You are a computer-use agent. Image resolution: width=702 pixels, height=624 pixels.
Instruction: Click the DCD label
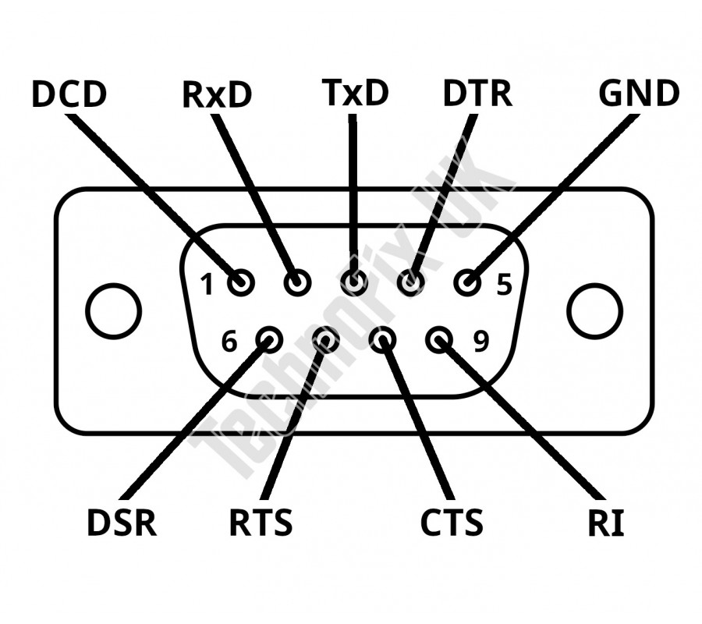[69, 94]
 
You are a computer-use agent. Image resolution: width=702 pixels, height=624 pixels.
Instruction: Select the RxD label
[217, 94]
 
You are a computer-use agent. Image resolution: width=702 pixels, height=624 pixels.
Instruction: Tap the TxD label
[355, 92]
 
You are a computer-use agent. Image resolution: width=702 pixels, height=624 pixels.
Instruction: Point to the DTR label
[477, 94]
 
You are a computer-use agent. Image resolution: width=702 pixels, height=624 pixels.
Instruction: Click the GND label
[639, 94]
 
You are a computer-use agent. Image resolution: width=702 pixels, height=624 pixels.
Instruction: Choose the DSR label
[122, 523]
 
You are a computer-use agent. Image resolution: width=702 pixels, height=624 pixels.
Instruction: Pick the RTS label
[261, 523]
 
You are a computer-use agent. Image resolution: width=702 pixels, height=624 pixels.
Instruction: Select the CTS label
[452, 523]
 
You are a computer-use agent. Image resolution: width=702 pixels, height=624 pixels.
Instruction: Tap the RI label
[606, 524]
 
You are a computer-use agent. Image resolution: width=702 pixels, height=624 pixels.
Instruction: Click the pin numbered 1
[241, 282]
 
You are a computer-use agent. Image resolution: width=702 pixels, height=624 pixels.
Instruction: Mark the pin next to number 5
[467, 282]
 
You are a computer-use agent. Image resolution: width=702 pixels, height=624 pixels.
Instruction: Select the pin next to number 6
[270, 339]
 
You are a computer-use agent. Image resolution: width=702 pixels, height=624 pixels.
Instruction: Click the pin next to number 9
[439, 339]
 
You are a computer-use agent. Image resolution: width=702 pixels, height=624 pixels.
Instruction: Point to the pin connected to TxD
[354, 282]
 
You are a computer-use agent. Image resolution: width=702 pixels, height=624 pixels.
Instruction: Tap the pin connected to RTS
[326, 339]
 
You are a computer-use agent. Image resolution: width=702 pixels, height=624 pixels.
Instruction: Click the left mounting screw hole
[114, 311]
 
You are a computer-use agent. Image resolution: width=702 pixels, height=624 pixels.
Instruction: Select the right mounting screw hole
[594, 311]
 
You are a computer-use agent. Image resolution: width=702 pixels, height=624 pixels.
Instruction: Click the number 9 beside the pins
[480, 341]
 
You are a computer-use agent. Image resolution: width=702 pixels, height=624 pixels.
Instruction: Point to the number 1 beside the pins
[207, 285]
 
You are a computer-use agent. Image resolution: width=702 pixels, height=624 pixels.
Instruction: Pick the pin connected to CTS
[382, 339]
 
